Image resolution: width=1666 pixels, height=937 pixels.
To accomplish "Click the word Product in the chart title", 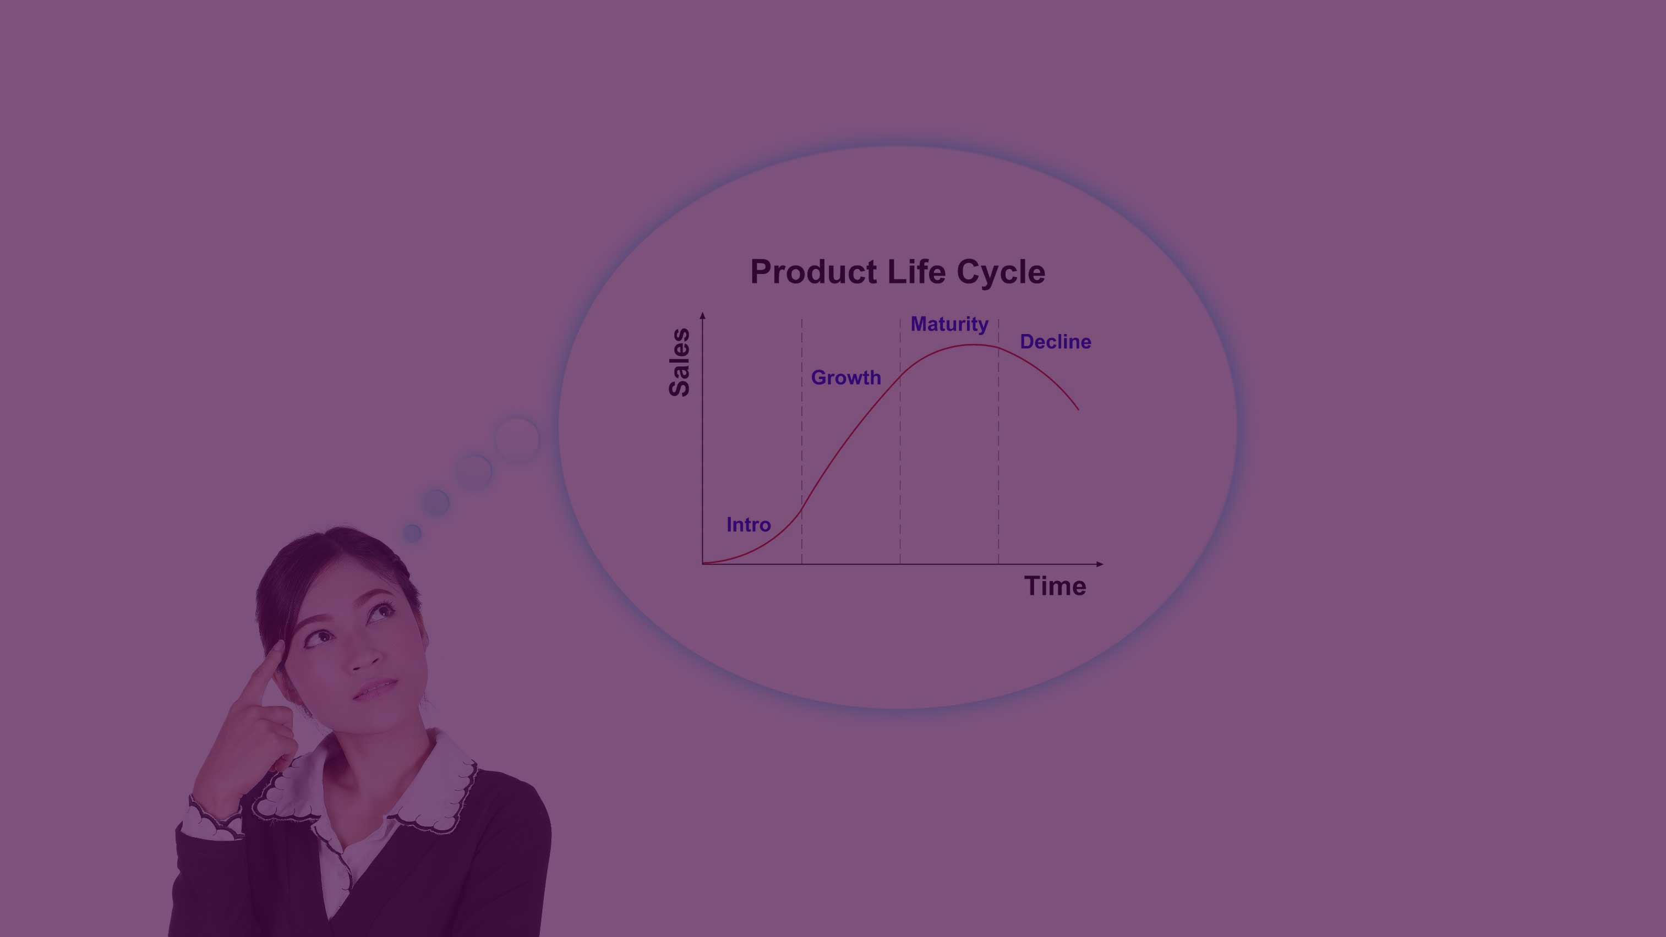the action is (x=813, y=272).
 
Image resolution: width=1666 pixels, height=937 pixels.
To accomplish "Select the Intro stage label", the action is (x=749, y=524).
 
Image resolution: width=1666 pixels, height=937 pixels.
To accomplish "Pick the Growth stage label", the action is (x=846, y=377).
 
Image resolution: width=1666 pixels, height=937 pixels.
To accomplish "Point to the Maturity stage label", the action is (x=949, y=324).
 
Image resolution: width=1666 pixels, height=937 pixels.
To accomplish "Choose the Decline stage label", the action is (x=1056, y=342).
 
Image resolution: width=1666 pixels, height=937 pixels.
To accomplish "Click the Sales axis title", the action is (x=679, y=362).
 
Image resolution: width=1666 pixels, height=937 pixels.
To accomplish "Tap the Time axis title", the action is (x=1055, y=586).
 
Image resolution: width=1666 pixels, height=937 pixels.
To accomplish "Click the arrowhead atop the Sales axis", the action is (x=702, y=316).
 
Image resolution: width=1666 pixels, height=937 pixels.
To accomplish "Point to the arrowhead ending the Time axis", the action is (x=1100, y=564).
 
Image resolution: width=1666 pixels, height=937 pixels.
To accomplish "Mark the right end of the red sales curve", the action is (x=1078, y=409).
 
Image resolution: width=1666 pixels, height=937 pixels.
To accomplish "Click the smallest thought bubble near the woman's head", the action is (x=412, y=533).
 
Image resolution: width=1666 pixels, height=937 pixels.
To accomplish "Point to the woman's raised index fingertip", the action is (x=277, y=646).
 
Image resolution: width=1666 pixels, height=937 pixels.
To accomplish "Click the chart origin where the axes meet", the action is (x=703, y=564).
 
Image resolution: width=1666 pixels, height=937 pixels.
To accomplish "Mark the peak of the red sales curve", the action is (x=973, y=344).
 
